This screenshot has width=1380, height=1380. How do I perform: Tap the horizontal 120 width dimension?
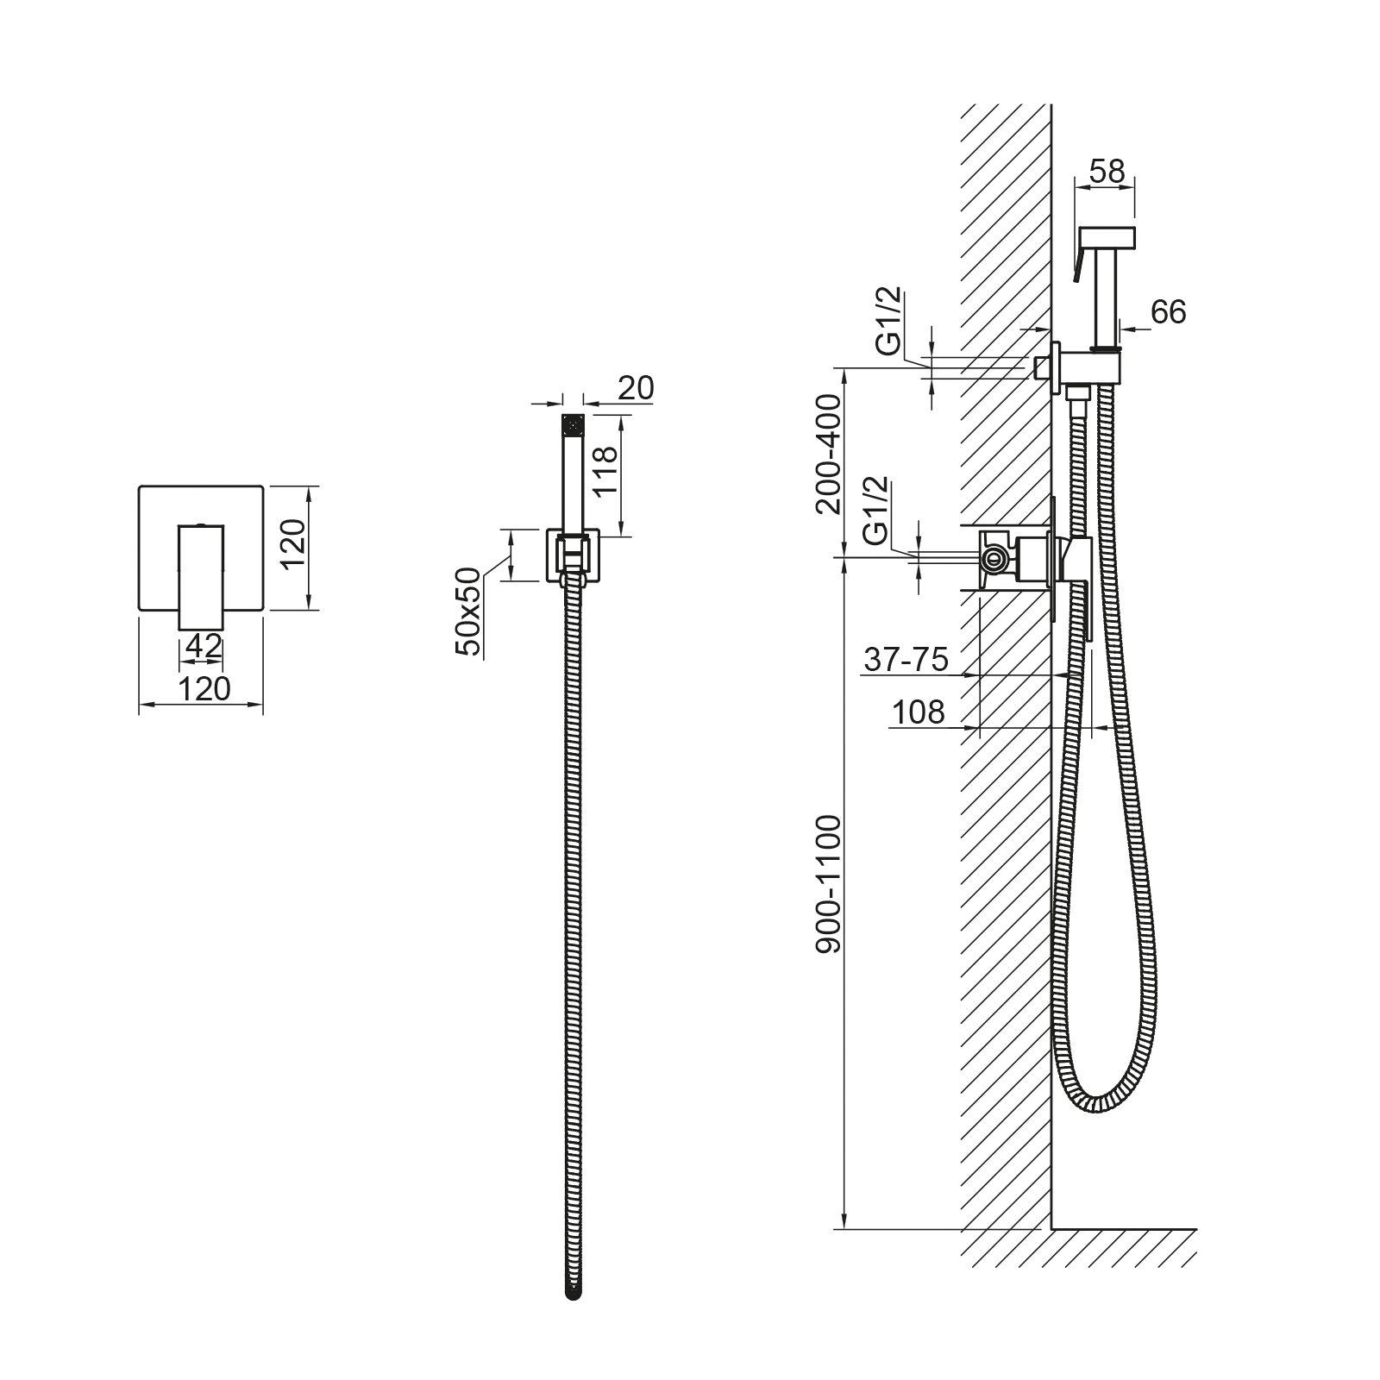(205, 688)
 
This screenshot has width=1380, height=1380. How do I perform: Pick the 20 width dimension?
(636, 388)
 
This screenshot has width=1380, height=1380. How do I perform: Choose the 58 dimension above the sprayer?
(1107, 172)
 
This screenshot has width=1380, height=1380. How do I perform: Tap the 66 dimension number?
(1168, 312)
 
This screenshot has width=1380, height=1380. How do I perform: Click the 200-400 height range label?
(828, 454)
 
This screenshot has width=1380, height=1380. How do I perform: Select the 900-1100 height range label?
(828, 884)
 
